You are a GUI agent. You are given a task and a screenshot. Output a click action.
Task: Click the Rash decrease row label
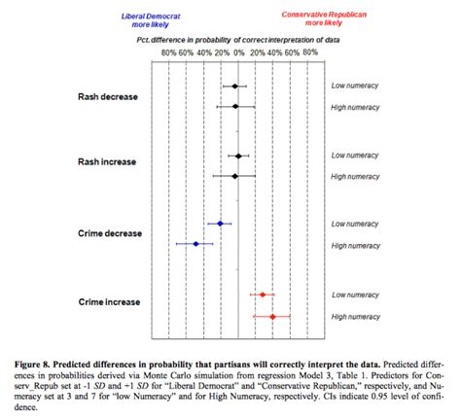[108, 96]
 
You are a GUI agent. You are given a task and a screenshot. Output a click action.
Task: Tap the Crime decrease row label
[110, 234]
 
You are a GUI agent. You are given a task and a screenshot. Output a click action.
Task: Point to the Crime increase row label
[110, 303]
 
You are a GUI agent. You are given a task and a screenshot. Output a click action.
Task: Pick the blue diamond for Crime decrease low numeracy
[221, 224]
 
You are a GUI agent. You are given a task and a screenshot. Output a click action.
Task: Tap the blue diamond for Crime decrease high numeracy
[196, 244]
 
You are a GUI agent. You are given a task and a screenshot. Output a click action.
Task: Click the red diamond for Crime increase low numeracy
[263, 294]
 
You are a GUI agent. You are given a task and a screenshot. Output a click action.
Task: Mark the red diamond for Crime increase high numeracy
[272, 316]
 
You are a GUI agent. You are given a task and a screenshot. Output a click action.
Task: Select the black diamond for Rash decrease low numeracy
[234, 87]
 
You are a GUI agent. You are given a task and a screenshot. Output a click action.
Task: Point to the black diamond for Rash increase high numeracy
[234, 176]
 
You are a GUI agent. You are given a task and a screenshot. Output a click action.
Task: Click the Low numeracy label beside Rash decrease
[354, 87]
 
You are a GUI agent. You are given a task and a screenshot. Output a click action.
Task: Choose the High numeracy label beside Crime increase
[355, 316]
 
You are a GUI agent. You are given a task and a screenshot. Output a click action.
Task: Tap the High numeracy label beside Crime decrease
[355, 245]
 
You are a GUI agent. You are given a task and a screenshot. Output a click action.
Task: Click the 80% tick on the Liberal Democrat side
[168, 53]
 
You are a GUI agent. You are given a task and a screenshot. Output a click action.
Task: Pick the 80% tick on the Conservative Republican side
[309, 53]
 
